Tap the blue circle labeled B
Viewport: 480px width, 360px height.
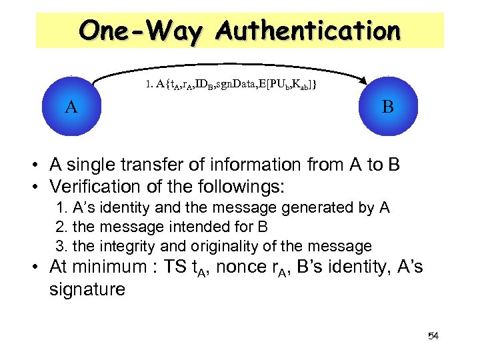point(387,107)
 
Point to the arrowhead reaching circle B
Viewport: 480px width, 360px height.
point(363,81)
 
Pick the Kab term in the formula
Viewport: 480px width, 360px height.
point(301,85)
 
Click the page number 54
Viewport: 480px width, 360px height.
point(433,335)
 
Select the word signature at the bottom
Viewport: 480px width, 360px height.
point(87,289)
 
